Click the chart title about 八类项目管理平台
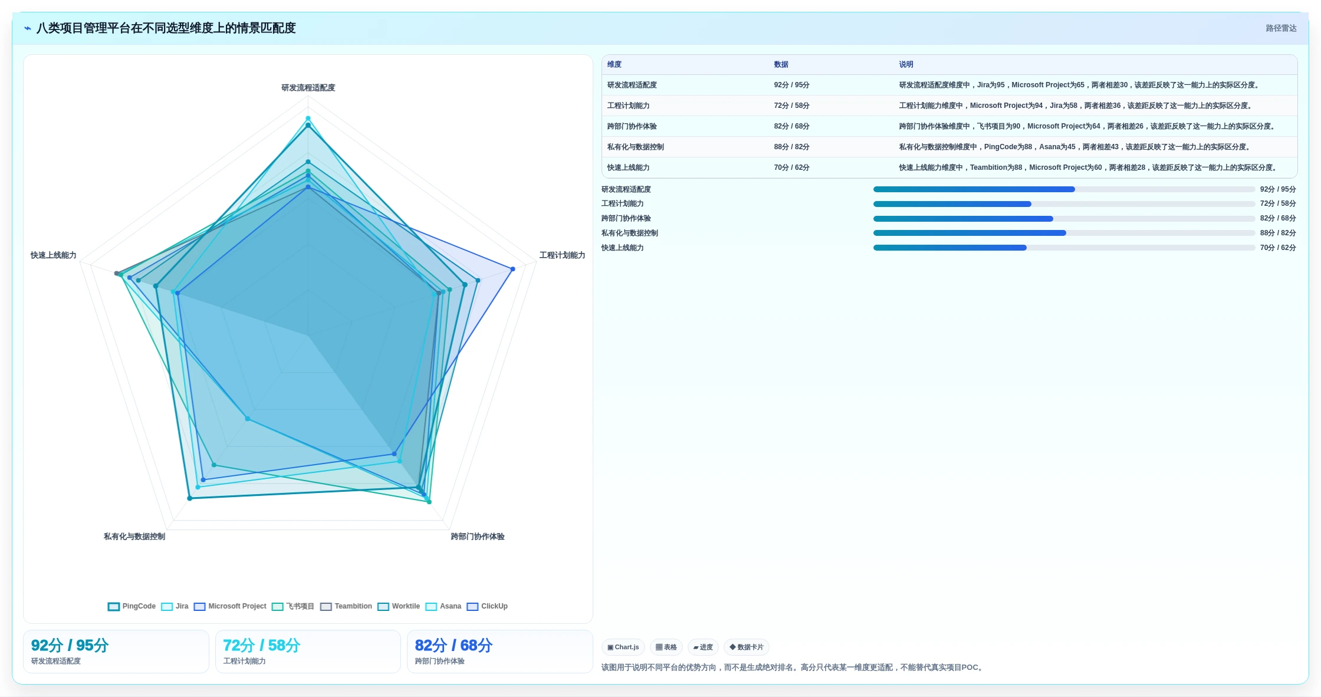(x=166, y=28)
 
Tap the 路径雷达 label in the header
(x=1281, y=28)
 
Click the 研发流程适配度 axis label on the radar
(x=308, y=88)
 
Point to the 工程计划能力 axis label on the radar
(x=562, y=255)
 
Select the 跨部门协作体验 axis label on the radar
(x=478, y=537)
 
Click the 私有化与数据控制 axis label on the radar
(x=134, y=537)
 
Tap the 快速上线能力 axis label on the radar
(x=54, y=255)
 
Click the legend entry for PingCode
(x=132, y=606)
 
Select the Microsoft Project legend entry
(x=230, y=606)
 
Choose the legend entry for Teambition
(x=346, y=606)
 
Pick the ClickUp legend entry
(x=487, y=606)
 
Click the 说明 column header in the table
(x=906, y=64)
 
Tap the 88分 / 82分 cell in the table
(x=791, y=147)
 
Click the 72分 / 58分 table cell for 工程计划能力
(x=791, y=106)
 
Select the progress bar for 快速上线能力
(x=1064, y=248)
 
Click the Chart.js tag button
(x=623, y=647)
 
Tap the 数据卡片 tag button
(x=746, y=647)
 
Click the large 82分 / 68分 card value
(x=454, y=645)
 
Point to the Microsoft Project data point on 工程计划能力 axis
(x=512, y=269)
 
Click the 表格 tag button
(x=666, y=647)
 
